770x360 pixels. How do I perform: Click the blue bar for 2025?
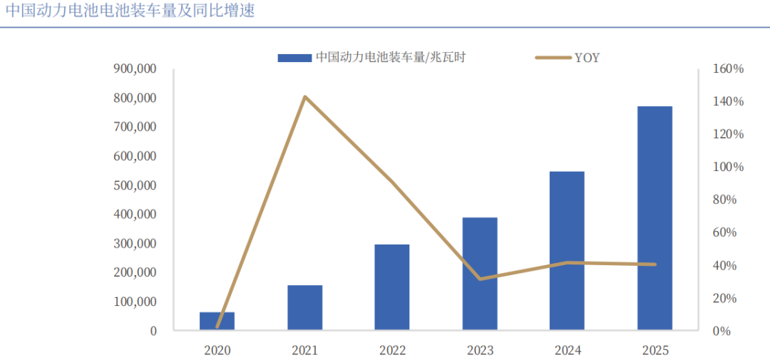(x=654, y=218)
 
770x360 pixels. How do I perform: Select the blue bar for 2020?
(x=217, y=321)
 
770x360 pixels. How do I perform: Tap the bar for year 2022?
(x=392, y=287)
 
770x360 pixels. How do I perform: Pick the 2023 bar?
(x=480, y=274)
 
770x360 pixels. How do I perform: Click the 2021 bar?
(x=304, y=307)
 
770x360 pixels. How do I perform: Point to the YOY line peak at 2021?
(x=305, y=96)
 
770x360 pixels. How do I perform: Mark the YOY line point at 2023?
(x=480, y=279)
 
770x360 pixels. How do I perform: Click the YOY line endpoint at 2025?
(x=654, y=264)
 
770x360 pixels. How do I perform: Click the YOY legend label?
(x=587, y=58)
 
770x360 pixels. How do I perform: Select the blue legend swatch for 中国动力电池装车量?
(x=294, y=58)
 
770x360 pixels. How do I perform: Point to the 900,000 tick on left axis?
(x=135, y=69)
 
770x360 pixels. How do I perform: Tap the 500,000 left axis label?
(x=135, y=185)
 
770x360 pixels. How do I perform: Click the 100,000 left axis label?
(x=135, y=302)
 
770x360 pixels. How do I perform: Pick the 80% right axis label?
(x=727, y=200)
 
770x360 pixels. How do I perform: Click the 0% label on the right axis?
(x=723, y=331)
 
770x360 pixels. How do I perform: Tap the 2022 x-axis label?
(x=392, y=350)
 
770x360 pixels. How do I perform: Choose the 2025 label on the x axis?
(x=654, y=350)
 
